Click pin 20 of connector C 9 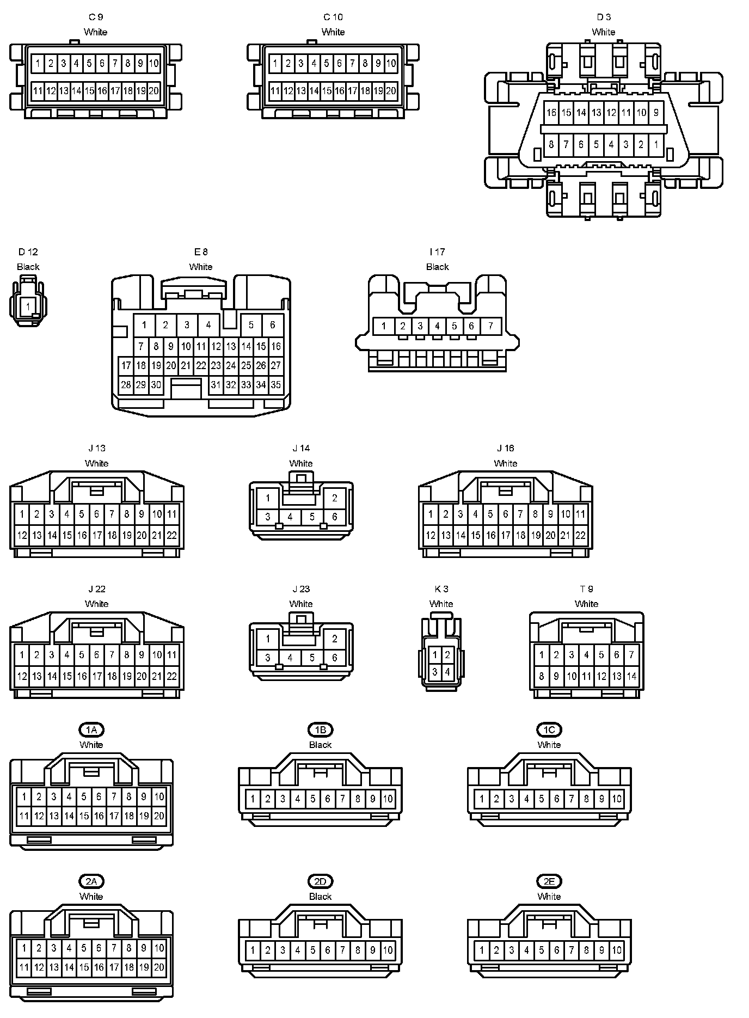[x=154, y=90]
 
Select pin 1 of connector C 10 [x=275, y=63]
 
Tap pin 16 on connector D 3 [x=551, y=113]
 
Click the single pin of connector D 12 [x=28, y=307]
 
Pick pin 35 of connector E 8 [x=276, y=385]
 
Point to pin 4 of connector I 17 [x=437, y=326]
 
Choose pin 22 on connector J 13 [x=171, y=535]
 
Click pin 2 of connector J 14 [x=334, y=498]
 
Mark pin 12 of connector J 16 [x=431, y=535]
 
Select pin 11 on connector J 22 [x=171, y=654]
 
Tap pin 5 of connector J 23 [x=312, y=658]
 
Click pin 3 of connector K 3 [x=434, y=672]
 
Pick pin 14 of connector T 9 [x=631, y=677]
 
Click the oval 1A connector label [x=91, y=729]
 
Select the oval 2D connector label [x=320, y=881]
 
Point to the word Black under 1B [x=320, y=745]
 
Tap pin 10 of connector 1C [x=616, y=799]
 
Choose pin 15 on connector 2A [x=84, y=967]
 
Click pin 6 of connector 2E [x=556, y=950]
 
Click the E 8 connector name [x=201, y=252]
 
